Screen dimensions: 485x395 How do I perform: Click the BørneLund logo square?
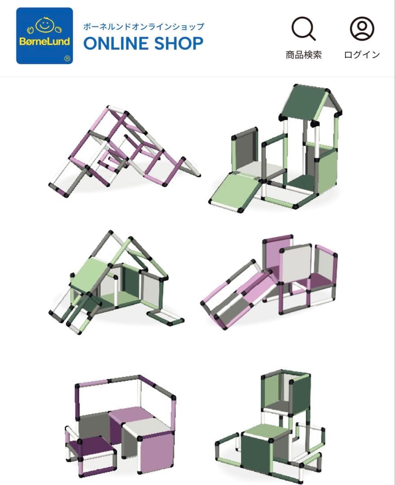(44, 35)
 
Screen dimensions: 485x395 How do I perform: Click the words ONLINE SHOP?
(143, 44)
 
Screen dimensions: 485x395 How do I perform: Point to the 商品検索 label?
(304, 55)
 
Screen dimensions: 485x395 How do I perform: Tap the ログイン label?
(362, 55)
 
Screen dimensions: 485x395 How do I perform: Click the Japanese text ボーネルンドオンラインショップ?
(143, 26)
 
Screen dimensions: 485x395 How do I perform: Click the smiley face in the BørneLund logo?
(44, 26)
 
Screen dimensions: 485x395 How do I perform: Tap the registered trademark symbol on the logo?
(67, 58)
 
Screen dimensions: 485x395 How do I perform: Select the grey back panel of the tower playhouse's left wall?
(245, 153)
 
